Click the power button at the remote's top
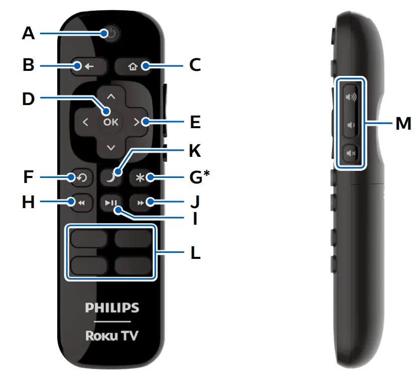pyautogui.click(x=111, y=34)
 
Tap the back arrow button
pyautogui.click(x=82, y=66)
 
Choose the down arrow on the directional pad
pyautogui.click(x=111, y=148)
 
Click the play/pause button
pyautogui.click(x=110, y=203)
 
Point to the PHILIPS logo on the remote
pyautogui.click(x=111, y=308)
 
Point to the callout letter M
pyautogui.click(x=402, y=122)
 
